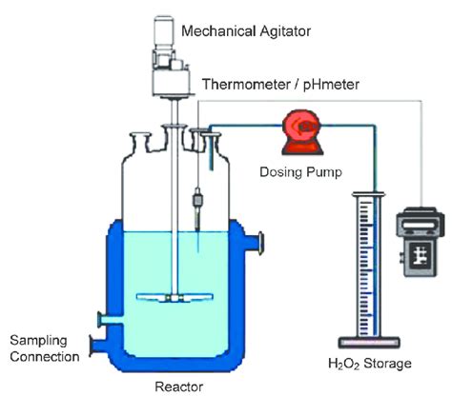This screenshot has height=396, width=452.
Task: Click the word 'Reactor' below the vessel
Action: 177,386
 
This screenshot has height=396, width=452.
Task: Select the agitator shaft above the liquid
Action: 177,171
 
